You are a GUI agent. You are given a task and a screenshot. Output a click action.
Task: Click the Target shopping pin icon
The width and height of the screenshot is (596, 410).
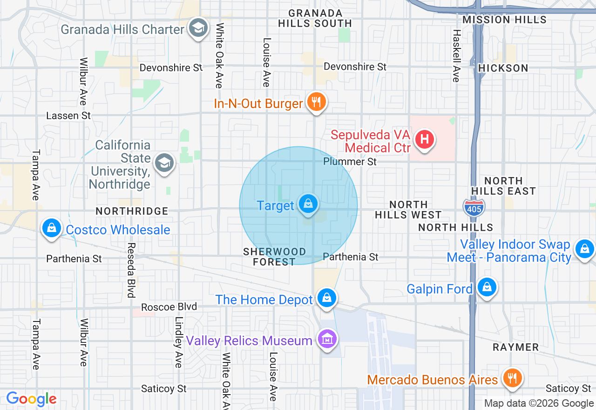click(308, 204)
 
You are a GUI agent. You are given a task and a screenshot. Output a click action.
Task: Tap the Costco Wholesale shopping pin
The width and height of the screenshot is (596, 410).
click(51, 228)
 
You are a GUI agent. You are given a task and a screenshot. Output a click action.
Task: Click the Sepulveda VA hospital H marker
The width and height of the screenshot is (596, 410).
click(424, 139)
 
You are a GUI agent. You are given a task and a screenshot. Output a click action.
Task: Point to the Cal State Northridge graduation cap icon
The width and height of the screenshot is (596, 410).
click(164, 163)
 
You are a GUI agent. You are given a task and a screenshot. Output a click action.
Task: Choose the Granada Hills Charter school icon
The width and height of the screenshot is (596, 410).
click(198, 28)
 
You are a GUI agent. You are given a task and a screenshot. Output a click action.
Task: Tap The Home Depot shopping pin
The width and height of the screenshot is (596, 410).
click(326, 298)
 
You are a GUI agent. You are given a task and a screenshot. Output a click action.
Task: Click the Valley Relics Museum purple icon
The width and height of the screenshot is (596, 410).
click(327, 339)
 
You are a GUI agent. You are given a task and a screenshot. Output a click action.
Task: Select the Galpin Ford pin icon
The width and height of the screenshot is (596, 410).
click(487, 287)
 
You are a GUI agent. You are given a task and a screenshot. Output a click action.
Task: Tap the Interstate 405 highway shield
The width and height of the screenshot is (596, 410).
click(474, 206)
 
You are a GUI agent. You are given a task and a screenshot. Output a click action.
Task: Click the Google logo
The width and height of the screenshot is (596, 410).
click(31, 399)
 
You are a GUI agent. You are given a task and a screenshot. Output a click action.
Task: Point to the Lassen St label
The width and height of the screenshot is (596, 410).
click(68, 116)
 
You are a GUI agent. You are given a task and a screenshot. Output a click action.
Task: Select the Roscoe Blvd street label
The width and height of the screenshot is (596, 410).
click(169, 307)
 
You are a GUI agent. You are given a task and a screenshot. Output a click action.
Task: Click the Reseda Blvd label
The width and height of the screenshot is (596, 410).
click(131, 270)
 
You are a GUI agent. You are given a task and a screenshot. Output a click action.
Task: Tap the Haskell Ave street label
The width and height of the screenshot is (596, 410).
click(456, 56)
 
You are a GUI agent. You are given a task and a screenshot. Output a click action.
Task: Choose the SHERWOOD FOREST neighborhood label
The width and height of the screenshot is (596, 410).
click(274, 257)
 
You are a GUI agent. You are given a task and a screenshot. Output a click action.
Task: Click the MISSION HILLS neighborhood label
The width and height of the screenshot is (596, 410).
click(505, 20)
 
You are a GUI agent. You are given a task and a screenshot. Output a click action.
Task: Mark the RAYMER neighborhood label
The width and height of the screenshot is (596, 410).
click(515, 347)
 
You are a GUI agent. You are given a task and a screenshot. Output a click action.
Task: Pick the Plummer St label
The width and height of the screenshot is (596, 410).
click(350, 162)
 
